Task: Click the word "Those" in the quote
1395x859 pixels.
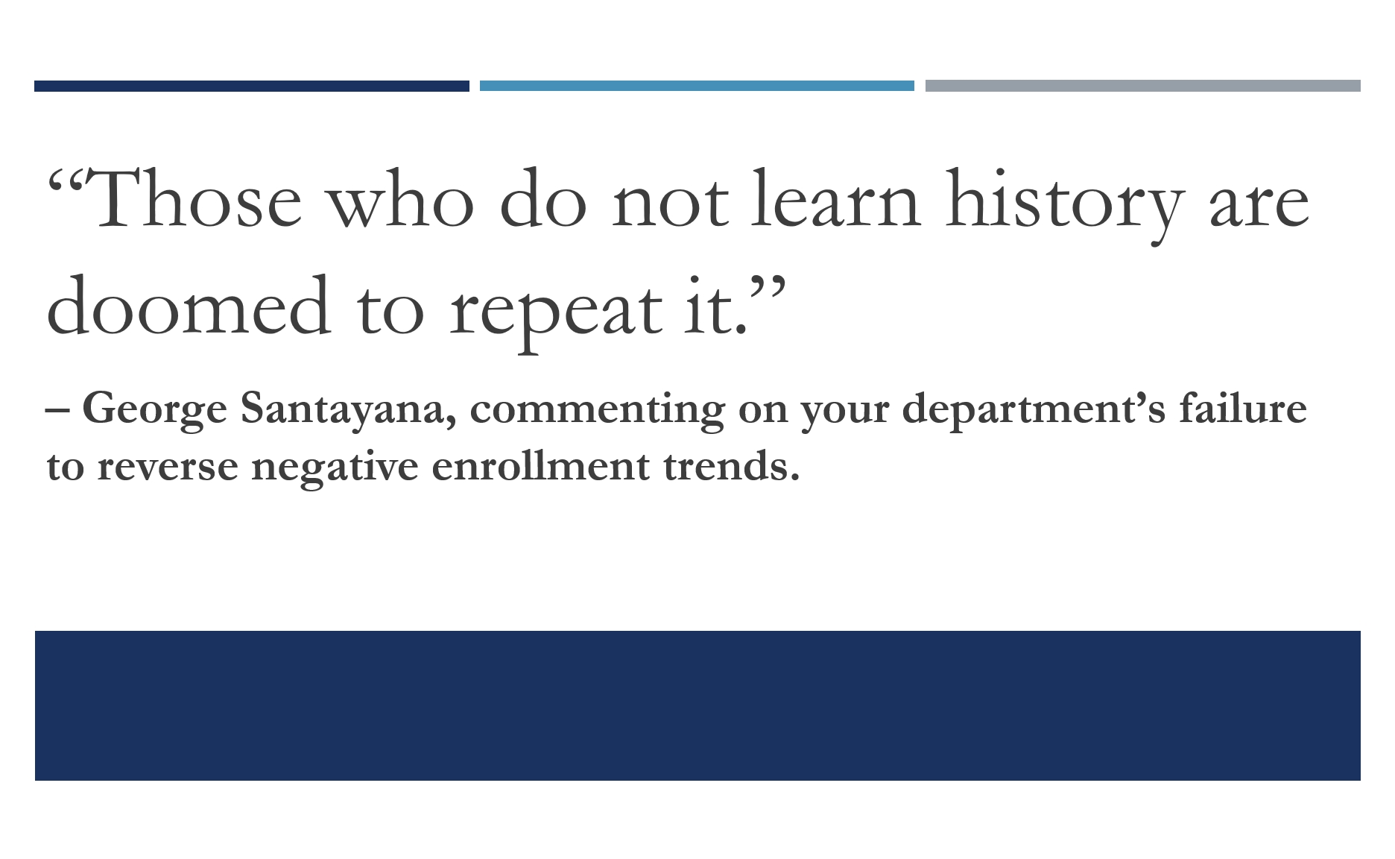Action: coord(197,198)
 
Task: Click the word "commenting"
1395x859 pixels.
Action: coord(597,410)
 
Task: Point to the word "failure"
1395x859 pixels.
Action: coord(1243,407)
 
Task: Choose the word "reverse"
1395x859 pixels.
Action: coord(168,468)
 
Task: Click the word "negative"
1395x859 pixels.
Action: coord(335,468)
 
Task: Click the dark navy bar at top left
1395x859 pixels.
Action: coord(252,86)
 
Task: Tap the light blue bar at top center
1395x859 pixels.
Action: coord(697,86)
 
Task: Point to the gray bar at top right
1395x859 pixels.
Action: coord(1143,86)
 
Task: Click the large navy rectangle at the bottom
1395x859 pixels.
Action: coord(697,705)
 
